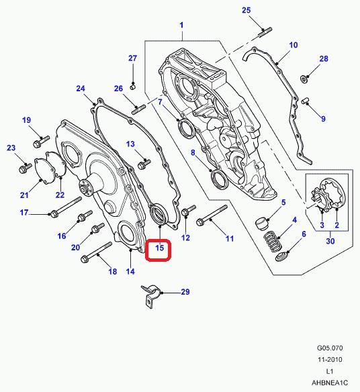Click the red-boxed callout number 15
159,248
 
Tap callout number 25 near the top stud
246,10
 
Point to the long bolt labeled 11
212,215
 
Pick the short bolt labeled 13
144,163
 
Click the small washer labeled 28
304,79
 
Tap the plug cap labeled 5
262,224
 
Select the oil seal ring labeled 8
220,179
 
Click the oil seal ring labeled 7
185,128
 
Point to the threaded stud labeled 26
138,110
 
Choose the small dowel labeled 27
134,87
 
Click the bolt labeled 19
41,141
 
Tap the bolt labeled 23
26,168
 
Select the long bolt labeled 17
66,207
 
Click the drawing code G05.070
330,348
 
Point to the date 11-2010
330,360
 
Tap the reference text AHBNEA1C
330,383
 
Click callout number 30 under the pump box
330,241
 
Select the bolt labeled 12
188,211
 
